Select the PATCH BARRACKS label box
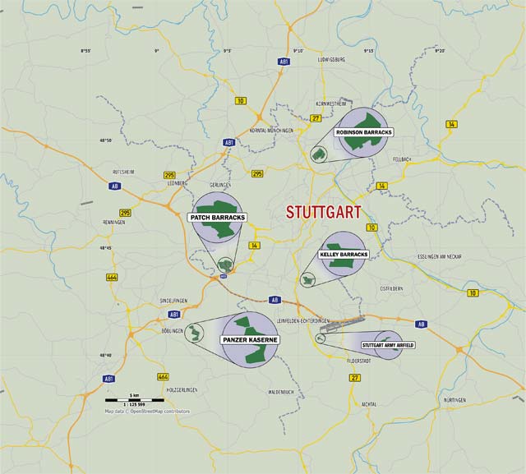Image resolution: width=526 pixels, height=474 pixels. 218,218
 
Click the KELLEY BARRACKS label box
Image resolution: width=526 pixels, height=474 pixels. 344,255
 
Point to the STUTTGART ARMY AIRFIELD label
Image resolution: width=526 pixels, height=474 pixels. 387,345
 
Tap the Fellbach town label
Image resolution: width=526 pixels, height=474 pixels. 402,159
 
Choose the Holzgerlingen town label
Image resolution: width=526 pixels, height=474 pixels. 182,389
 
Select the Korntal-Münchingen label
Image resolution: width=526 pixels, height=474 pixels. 271,131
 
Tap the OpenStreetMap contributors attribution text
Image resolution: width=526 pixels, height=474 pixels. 146,411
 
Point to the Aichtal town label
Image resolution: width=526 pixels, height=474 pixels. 368,404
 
